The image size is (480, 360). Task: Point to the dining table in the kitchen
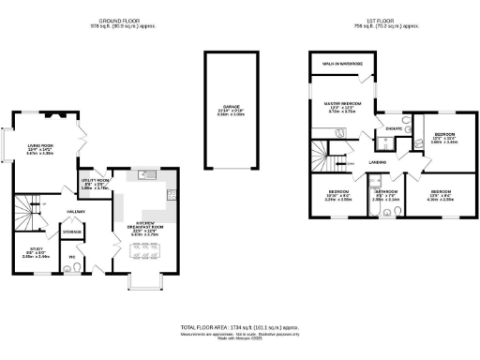pyautogui.click(x=150, y=249)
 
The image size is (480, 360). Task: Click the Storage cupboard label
pyautogui.click(x=71, y=231)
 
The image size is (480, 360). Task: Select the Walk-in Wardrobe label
pyautogui.click(x=343, y=65)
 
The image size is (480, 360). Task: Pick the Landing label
pyautogui.click(x=379, y=162)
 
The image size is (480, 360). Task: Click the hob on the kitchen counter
pyautogui.click(x=172, y=195)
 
